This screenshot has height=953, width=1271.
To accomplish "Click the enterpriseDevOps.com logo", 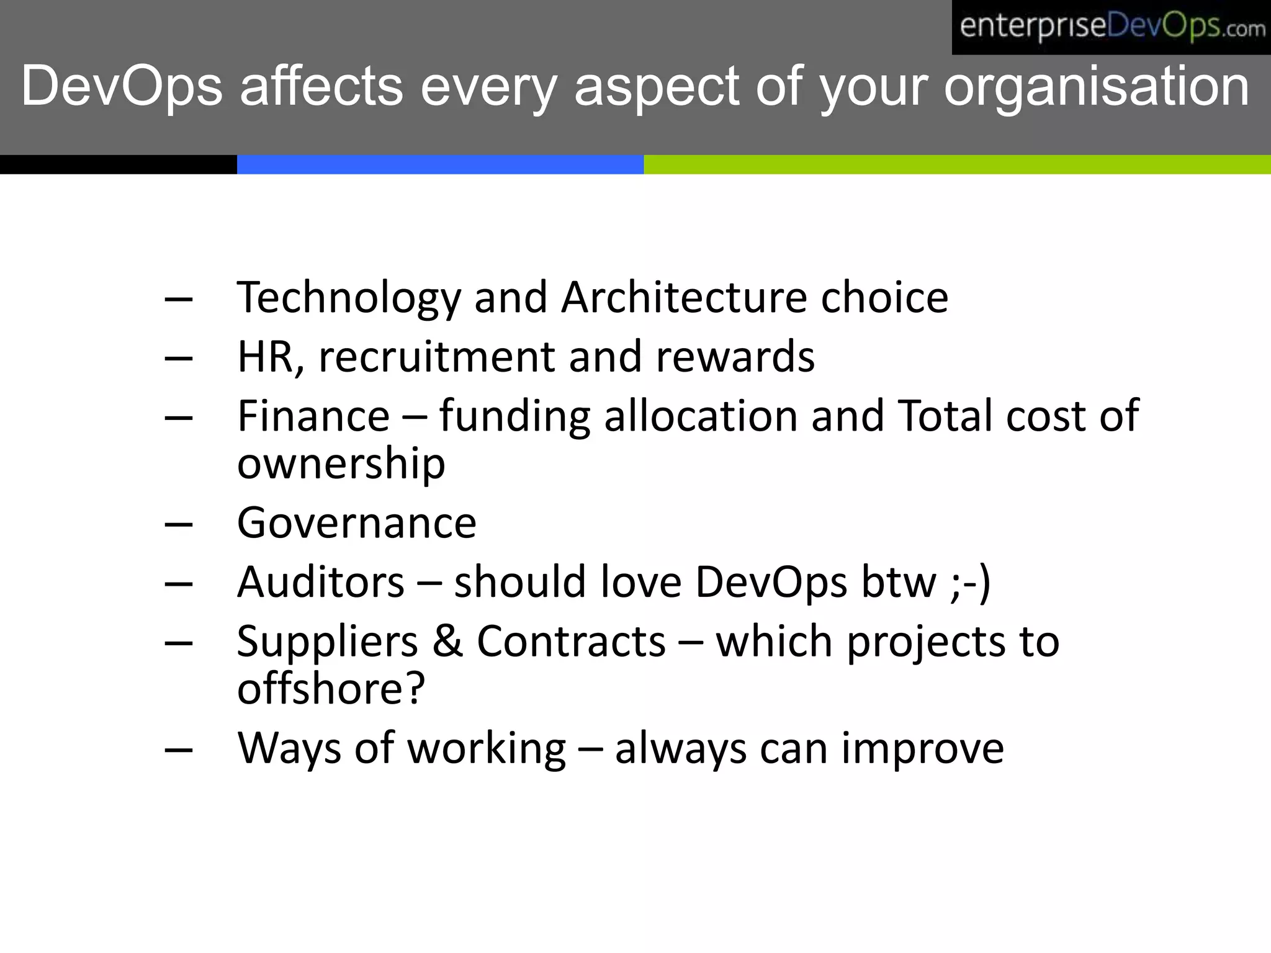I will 1111,27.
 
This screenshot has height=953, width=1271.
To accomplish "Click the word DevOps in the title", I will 122,87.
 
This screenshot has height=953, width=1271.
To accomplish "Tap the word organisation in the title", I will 1096,87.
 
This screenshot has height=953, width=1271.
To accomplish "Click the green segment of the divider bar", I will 956,164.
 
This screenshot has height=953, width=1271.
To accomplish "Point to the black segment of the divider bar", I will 118,164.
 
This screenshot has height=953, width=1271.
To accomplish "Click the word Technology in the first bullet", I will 349,298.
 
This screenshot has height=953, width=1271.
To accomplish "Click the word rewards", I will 735,357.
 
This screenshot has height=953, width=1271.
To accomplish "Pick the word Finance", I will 313,416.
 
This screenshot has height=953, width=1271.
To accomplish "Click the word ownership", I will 341,464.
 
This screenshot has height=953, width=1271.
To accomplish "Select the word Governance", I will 356,523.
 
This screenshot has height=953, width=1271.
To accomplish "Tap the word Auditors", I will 321,582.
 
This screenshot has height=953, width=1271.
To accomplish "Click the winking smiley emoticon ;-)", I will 970,583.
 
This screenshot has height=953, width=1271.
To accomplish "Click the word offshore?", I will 331,689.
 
